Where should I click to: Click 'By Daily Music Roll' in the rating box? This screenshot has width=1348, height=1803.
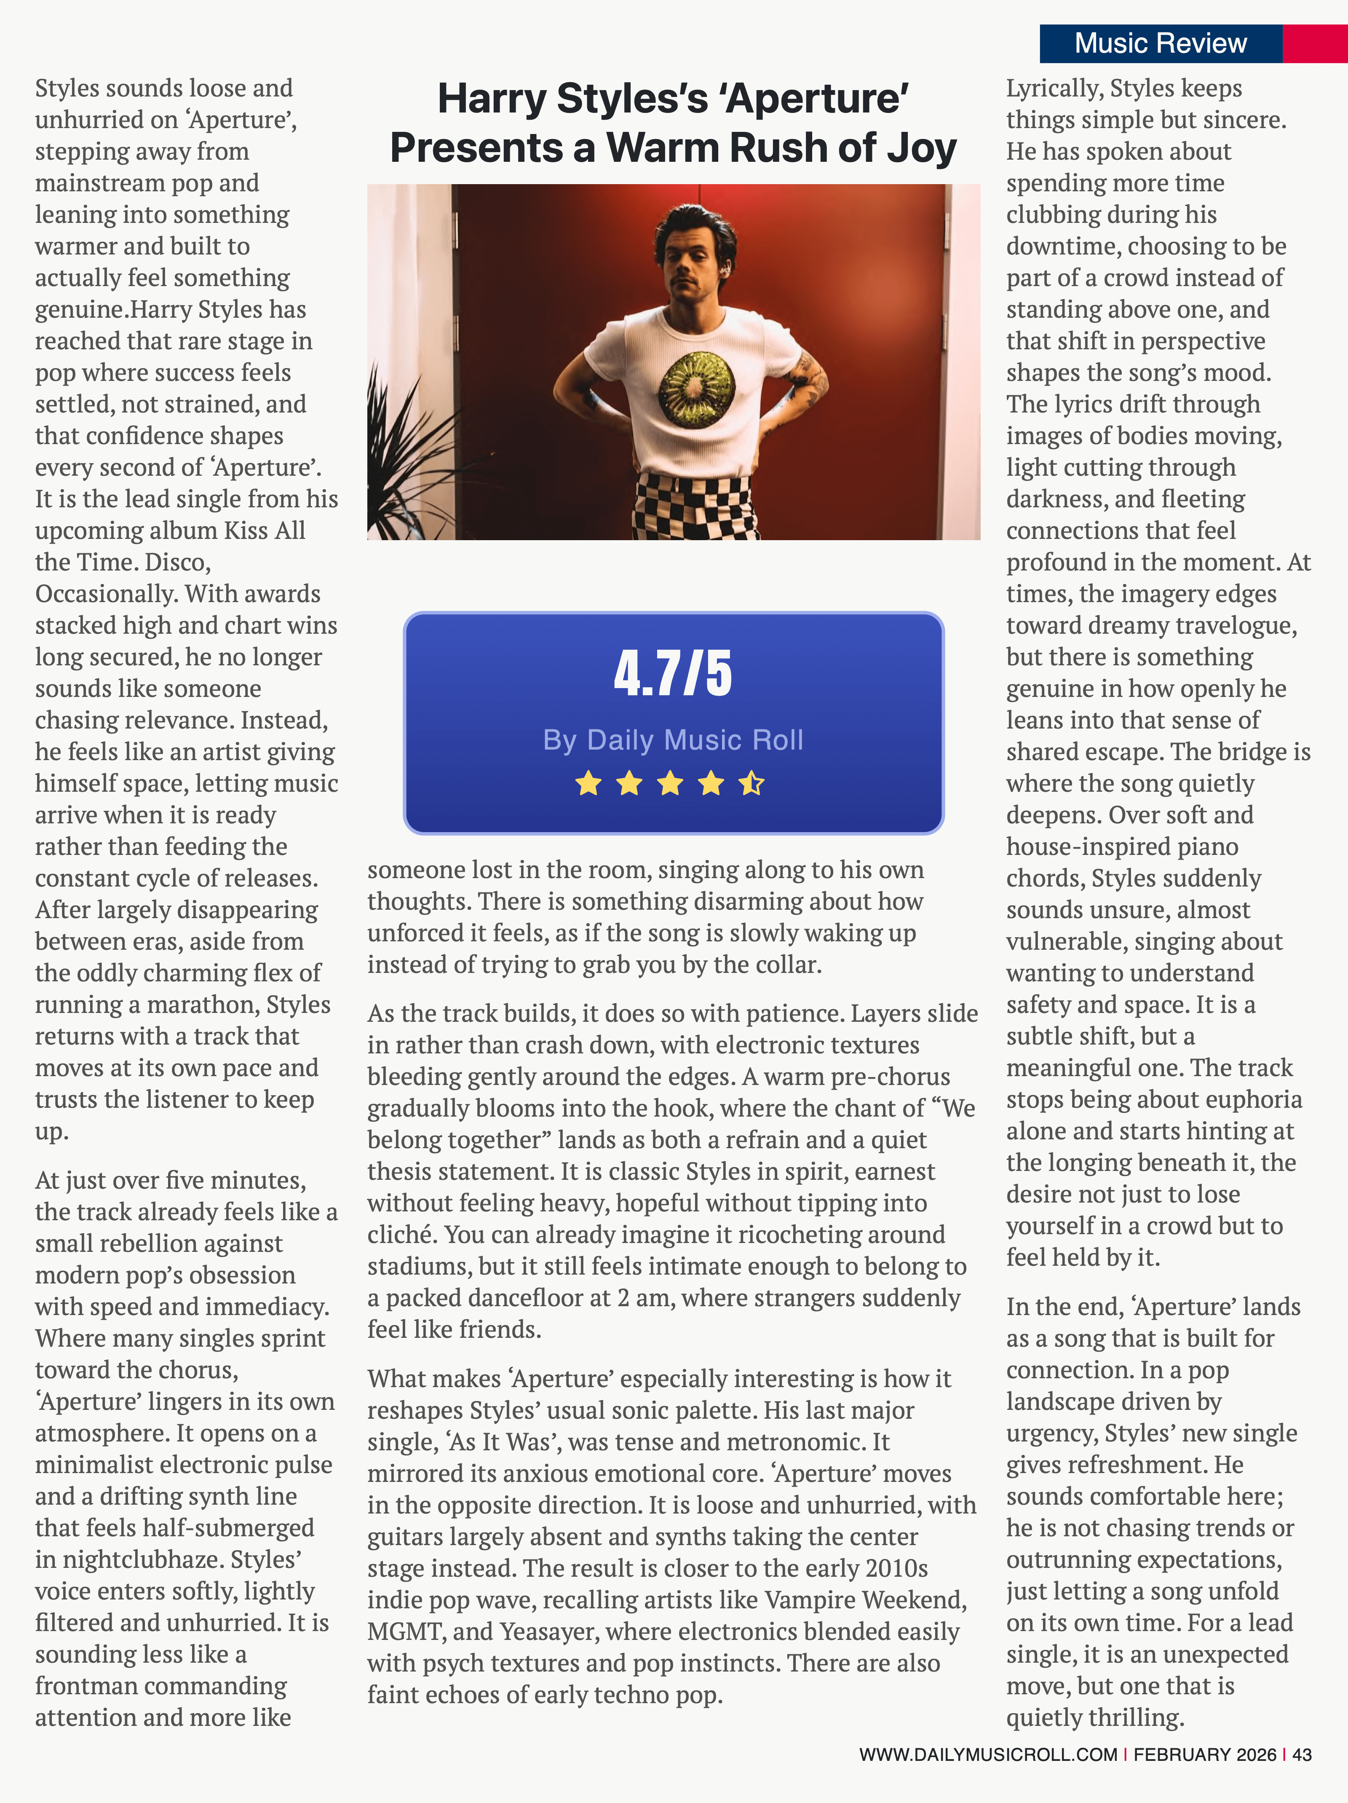673,739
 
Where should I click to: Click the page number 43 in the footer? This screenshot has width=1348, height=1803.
1302,1754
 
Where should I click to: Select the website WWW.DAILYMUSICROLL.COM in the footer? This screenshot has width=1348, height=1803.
988,1754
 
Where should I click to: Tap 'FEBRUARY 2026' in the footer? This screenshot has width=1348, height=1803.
1204,1754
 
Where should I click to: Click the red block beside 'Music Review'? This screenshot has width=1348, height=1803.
1315,43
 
